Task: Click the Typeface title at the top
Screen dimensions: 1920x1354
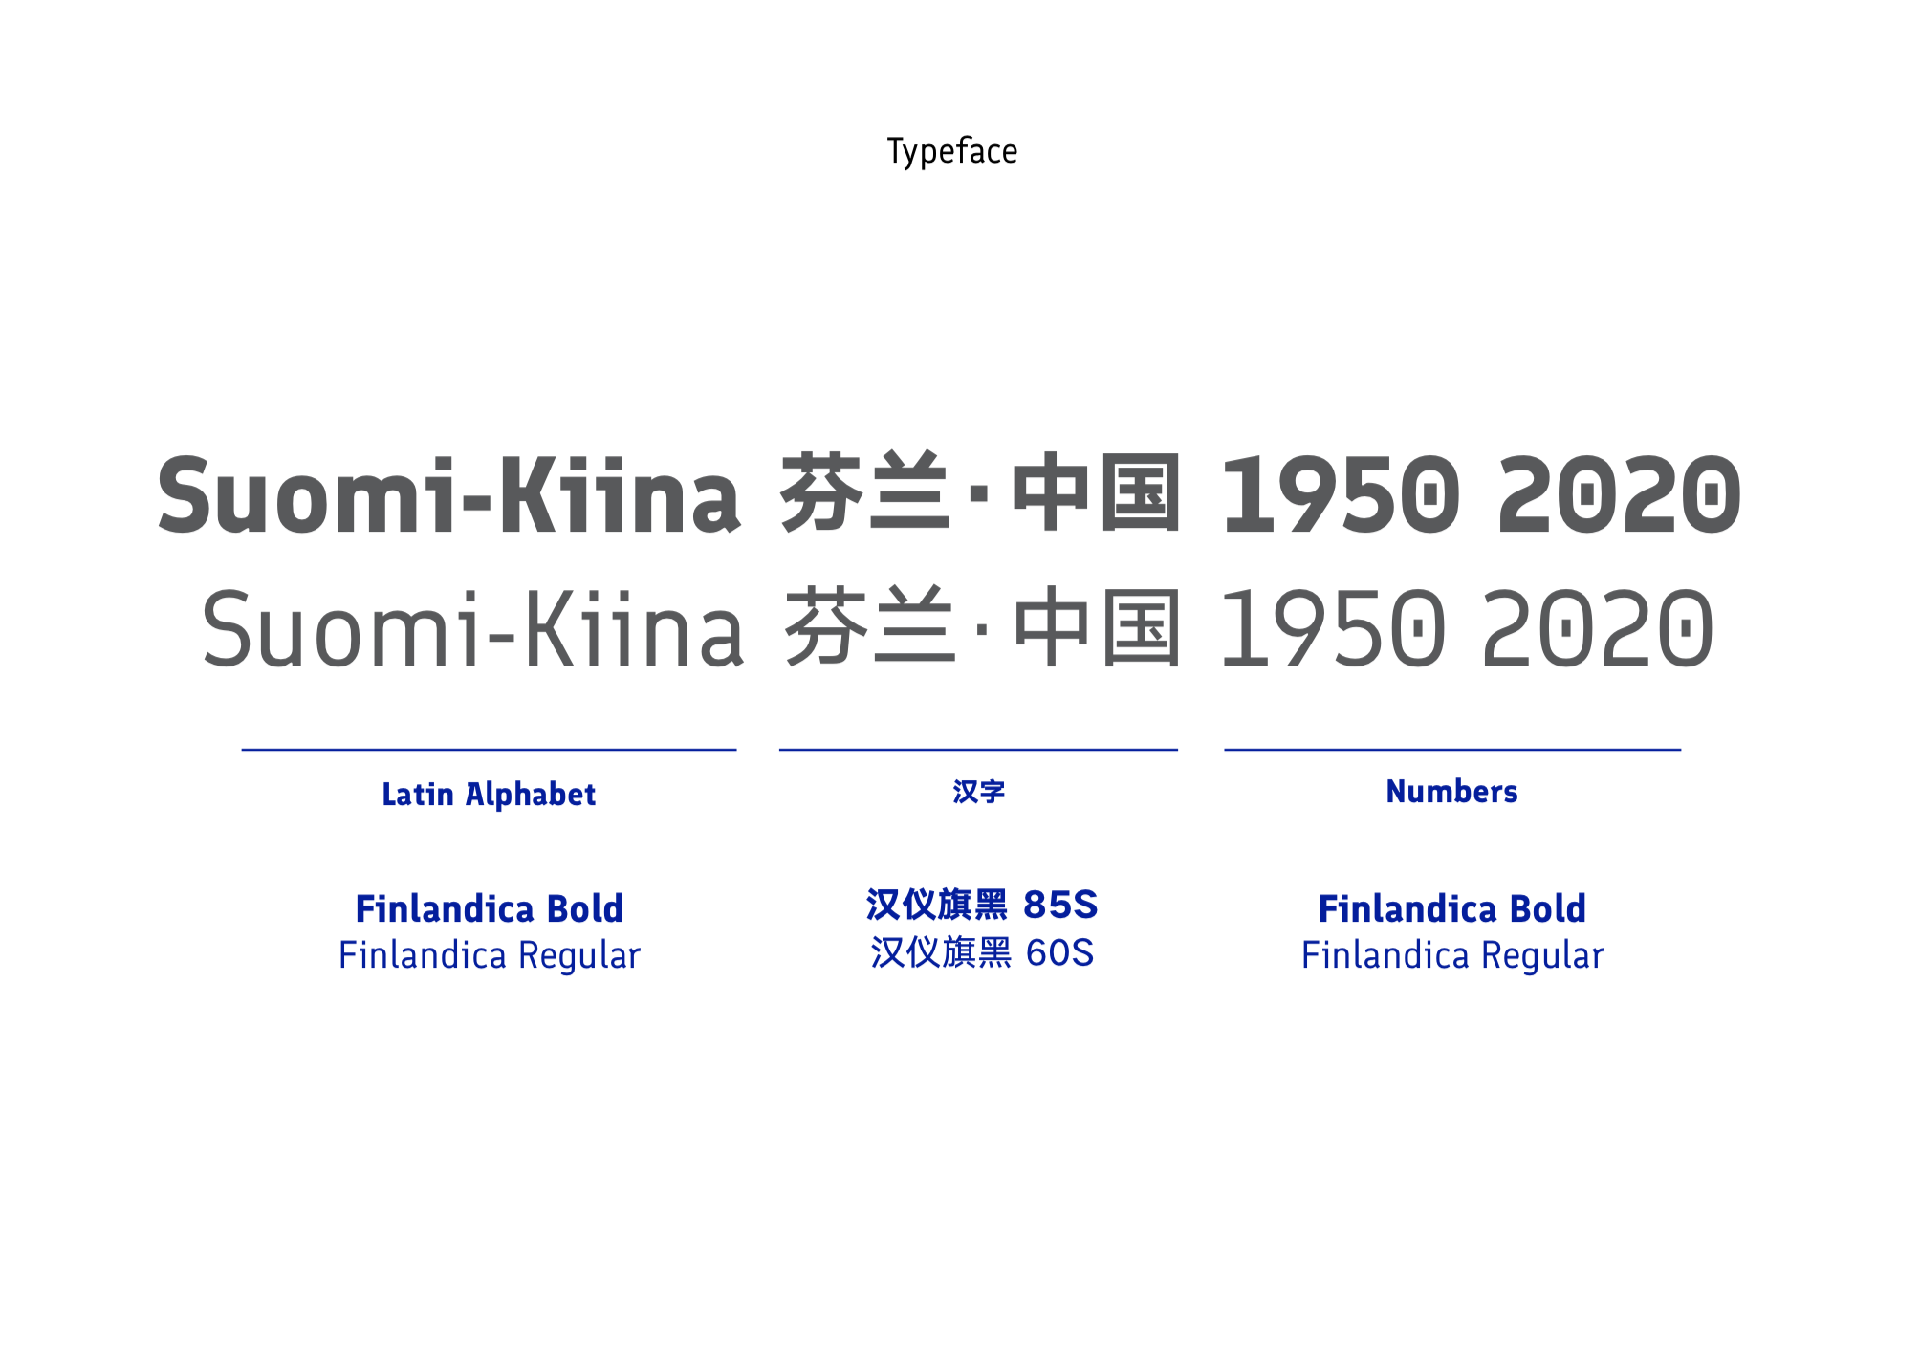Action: [952, 151]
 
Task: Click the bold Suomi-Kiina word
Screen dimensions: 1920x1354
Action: [448, 494]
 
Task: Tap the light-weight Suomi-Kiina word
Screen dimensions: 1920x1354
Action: [472, 628]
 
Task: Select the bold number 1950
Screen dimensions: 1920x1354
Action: [1342, 494]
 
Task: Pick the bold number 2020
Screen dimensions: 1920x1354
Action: [1620, 494]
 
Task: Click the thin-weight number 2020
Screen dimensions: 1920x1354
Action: [1598, 628]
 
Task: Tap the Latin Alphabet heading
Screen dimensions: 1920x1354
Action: [489, 795]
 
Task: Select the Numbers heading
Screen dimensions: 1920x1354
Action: [1451, 792]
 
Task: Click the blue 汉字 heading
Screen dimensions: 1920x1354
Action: [978, 792]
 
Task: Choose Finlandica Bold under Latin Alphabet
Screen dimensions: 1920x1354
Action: [489, 908]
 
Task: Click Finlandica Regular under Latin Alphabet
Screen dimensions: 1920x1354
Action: [489, 955]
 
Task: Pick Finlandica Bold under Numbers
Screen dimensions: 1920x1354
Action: [1451, 908]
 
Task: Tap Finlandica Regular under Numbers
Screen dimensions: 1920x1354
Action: [1451, 955]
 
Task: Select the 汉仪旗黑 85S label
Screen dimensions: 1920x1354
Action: [982, 905]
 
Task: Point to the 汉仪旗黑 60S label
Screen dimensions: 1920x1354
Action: [982, 952]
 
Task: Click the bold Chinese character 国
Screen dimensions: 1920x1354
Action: [1140, 492]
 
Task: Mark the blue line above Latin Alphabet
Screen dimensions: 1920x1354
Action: [489, 750]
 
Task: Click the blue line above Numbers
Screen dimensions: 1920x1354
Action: [1452, 750]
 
